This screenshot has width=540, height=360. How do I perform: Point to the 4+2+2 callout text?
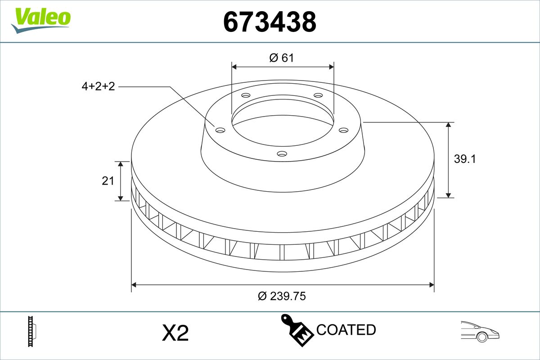point(98,86)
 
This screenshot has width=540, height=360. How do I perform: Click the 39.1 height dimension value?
point(465,159)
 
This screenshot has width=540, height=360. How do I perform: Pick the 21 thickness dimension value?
point(108,181)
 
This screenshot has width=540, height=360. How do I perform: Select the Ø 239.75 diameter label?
point(282,296)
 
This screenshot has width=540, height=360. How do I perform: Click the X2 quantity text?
point(175,333)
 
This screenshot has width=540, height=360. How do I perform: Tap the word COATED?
point(346,330)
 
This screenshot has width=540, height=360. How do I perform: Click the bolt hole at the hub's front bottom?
point(282,154)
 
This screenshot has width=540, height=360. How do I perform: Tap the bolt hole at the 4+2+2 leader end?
point(220,130)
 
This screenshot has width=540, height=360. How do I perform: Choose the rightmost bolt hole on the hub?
point(344,130)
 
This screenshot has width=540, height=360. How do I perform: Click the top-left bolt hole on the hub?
point(245,95)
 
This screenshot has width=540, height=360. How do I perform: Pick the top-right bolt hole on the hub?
point(318,95)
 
